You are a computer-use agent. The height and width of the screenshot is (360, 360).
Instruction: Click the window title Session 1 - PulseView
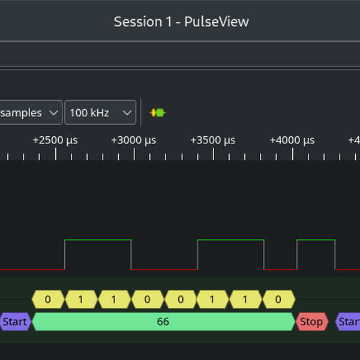pos(181,22)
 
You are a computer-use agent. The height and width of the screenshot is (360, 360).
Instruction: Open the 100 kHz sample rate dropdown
pos(100,112)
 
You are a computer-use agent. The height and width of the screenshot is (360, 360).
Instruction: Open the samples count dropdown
pos(30,112)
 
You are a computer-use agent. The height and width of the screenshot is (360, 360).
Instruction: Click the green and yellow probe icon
pos(157,112)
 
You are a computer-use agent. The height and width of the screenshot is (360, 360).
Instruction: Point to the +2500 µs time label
pos(55,140)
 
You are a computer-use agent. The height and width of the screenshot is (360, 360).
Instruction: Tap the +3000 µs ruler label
pos(134,140)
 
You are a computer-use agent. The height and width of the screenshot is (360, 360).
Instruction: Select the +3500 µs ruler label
pos(213,140)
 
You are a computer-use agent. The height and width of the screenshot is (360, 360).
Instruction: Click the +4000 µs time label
pos(292,140)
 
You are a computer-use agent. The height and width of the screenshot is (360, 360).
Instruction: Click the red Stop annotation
pos(311,322)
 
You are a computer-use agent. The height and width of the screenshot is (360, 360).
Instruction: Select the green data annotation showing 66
pos(163,322)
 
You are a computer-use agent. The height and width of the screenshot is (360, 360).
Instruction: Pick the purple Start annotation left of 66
pos(14,322)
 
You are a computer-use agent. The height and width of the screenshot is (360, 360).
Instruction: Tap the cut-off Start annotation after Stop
pos(349,322)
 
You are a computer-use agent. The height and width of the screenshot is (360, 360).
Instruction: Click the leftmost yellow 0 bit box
pos(47,299)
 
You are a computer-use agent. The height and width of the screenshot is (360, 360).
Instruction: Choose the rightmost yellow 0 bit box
pos(278,299)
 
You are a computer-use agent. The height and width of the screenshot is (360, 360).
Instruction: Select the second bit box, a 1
pos(81,299)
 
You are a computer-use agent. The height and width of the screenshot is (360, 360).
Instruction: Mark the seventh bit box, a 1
pos(245,299)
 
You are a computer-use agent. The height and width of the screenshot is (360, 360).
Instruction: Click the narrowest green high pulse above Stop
pos(316,241)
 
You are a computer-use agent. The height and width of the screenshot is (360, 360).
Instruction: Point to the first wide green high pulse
pos(98,241)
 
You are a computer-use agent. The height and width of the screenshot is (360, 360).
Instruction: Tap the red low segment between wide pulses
pos(164,269)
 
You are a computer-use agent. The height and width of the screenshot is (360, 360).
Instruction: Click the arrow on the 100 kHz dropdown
pos(127,112)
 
